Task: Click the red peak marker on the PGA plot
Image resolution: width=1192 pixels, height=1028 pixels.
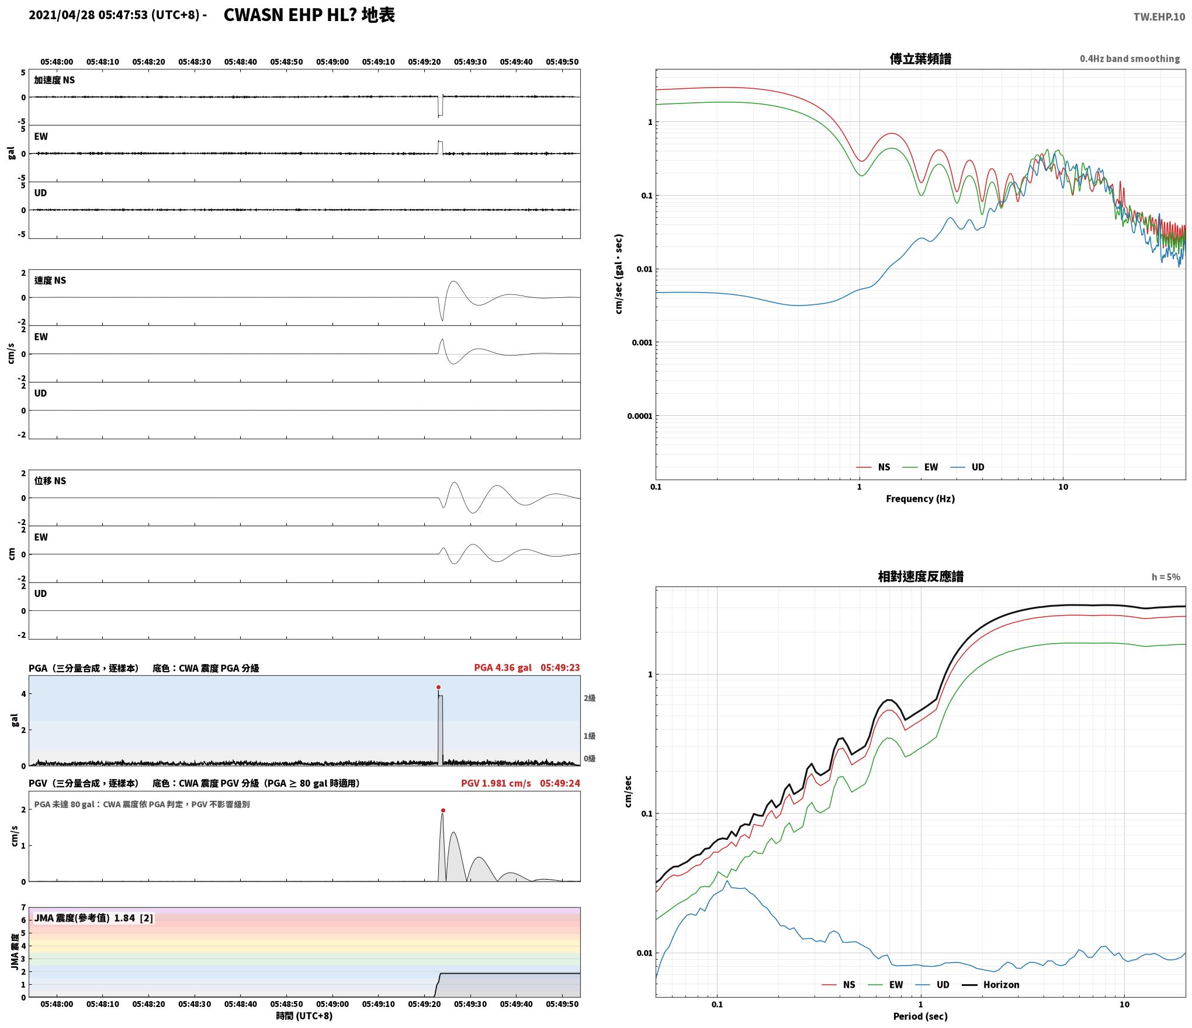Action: (438, 687)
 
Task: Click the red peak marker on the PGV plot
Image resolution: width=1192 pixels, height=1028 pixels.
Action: (443, 811)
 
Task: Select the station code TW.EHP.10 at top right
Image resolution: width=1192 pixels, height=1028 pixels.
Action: (1159, 17)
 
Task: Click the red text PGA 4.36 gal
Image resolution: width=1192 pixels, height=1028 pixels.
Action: (503, 668)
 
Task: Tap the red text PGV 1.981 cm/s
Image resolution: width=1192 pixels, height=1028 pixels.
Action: (496, 783)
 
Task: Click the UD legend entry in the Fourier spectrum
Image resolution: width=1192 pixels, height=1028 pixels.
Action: (967, 467)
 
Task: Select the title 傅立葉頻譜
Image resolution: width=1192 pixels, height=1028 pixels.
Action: (920, 59)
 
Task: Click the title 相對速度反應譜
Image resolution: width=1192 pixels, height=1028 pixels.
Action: (920, 576)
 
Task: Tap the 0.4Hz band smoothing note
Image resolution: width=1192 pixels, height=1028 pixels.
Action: (1129, 59)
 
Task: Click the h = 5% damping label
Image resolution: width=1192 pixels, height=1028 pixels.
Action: (1166, 577)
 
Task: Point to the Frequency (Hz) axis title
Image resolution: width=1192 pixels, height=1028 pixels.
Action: (920, 499)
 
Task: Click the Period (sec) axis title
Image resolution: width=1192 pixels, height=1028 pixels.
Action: (920, 1017)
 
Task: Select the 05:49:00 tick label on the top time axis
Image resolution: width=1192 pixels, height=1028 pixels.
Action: (332, 62)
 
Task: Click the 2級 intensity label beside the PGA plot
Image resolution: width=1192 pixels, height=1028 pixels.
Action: (589, 698)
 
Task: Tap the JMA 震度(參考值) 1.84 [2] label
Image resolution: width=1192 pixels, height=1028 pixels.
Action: (93, 918)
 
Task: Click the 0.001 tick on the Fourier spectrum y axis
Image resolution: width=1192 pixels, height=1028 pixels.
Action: (642, 343)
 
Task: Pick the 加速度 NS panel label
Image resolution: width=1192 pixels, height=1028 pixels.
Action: (54, 80)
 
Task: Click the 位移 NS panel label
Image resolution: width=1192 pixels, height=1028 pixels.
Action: (50, 481)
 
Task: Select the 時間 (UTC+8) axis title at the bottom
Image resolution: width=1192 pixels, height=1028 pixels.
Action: (304, 1016)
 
